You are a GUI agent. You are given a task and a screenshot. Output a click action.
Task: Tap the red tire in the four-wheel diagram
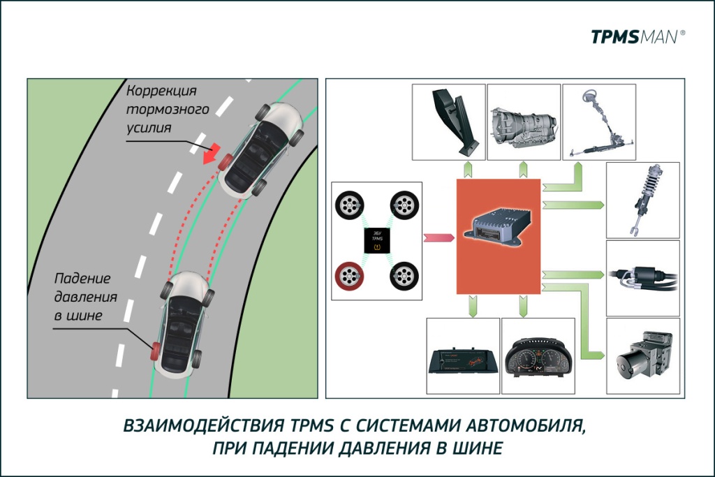349,277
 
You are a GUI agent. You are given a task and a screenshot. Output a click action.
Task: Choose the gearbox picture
524,124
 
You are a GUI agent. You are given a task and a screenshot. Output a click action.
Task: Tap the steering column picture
598,124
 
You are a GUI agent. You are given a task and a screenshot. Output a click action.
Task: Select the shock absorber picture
642,199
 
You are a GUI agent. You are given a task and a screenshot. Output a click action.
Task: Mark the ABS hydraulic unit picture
642,358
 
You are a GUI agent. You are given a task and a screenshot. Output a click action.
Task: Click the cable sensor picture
642,277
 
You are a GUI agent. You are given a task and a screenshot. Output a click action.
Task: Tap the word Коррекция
162,91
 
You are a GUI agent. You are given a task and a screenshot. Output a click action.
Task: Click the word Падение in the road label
82,278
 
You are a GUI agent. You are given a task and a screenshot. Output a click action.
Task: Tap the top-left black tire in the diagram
348,205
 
